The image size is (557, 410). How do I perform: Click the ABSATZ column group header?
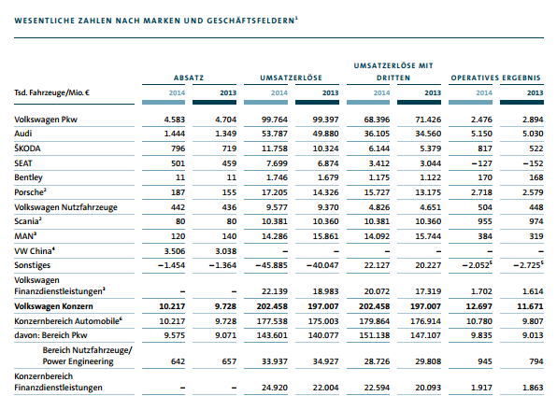189,78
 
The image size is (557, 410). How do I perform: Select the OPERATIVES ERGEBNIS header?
496,78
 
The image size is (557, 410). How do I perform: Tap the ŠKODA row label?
27,148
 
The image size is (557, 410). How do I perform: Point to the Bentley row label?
28,177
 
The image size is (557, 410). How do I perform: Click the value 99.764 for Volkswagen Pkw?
275,120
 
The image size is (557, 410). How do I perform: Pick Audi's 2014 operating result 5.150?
481,134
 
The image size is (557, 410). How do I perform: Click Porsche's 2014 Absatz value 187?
178,192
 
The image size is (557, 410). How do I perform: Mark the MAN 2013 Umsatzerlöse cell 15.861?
326,236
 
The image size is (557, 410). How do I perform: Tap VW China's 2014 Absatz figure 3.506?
175,251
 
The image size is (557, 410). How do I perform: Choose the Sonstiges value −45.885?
271,265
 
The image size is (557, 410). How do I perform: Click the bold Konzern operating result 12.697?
478,306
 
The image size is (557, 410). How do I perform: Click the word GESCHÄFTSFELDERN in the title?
250,21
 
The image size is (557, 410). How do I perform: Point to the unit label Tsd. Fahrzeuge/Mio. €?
51,93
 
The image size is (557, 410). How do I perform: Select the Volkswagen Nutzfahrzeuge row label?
65,207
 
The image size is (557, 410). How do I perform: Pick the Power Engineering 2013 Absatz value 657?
229,361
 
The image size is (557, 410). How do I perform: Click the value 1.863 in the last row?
533,388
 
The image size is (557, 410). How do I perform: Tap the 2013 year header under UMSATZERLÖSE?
330,93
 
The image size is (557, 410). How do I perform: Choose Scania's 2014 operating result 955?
485,222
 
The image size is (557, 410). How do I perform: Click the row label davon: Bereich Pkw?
50,335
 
